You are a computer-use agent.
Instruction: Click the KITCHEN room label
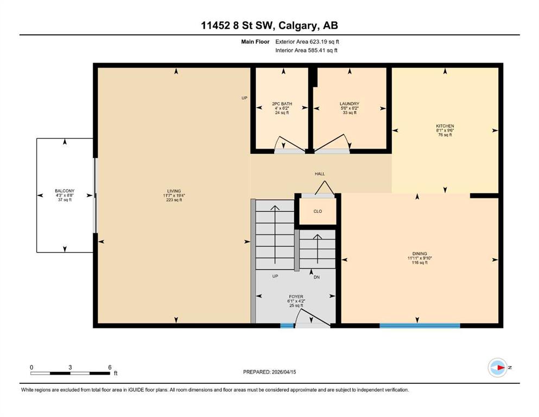445,126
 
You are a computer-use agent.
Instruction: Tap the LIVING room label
174,191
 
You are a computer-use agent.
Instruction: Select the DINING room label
420,254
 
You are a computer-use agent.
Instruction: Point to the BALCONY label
65,191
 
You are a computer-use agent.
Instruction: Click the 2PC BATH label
282,104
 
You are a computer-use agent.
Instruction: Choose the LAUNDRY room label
349,104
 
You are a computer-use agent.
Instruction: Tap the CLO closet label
318,211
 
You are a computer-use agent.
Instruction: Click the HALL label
320,174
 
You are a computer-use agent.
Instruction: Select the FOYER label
296,296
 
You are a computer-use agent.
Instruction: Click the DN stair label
316,277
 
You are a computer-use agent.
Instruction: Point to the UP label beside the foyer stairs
275,276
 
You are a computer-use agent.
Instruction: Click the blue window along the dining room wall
420,325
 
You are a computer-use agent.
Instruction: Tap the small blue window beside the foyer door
287,325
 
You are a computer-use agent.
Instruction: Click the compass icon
497,368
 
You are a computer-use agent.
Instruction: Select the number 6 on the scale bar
110,367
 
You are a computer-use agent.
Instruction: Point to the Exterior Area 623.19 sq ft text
307,42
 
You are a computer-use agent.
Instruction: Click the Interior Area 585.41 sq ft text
306,50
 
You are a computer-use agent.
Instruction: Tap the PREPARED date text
269,372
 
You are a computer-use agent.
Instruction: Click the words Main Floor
255,42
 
